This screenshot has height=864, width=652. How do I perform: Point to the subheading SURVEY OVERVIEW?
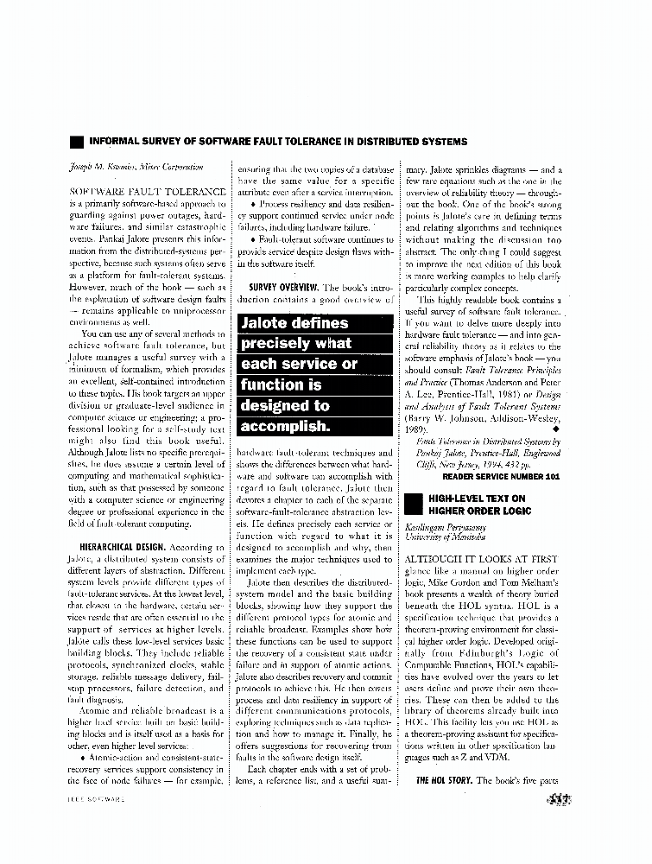(x=284, y=286)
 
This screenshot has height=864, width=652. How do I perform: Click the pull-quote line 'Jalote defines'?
(x=294, y=323)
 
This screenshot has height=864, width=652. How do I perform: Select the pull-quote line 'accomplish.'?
(x=284, y=426)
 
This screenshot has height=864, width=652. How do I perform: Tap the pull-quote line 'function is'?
(x=281, y=384)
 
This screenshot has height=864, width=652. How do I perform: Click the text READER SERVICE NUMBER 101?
(x=503, y=476)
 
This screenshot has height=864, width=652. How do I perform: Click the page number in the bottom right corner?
(x=559, y=799)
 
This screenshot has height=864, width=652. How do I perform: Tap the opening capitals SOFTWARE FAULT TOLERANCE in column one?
(x=136, y=189)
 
